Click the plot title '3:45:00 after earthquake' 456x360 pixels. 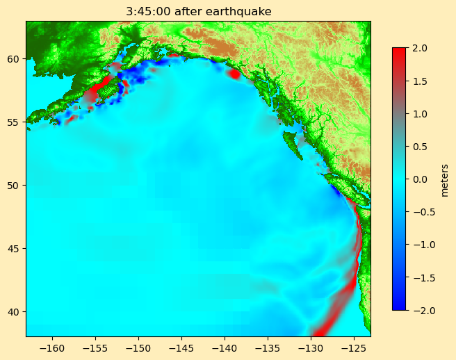pyautogui.click(x=198, y=11)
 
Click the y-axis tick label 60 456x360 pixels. pyautogui.click(x=14, y=58)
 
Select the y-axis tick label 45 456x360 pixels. pyautogui.click(x=14, y=248)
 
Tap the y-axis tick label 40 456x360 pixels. pyautogui.click(x=14, y=311)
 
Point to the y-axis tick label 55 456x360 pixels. pyautogui.click(x=14, y=122)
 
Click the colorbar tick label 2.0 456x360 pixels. pyautogui.click(x=420, y=48)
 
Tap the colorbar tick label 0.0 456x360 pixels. pyautogui.click(x=420, y=179)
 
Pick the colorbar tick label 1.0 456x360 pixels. pyautogui.click(x=420, y=113)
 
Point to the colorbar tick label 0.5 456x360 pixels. pyautogui.click(x=420, y=146)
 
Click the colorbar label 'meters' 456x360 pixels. pyautogui.click(x=444, y=179)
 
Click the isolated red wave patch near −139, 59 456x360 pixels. pyautogui.click(x=234, y=73)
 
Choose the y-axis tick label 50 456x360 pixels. pyautogui.click(x=14, y=185)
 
